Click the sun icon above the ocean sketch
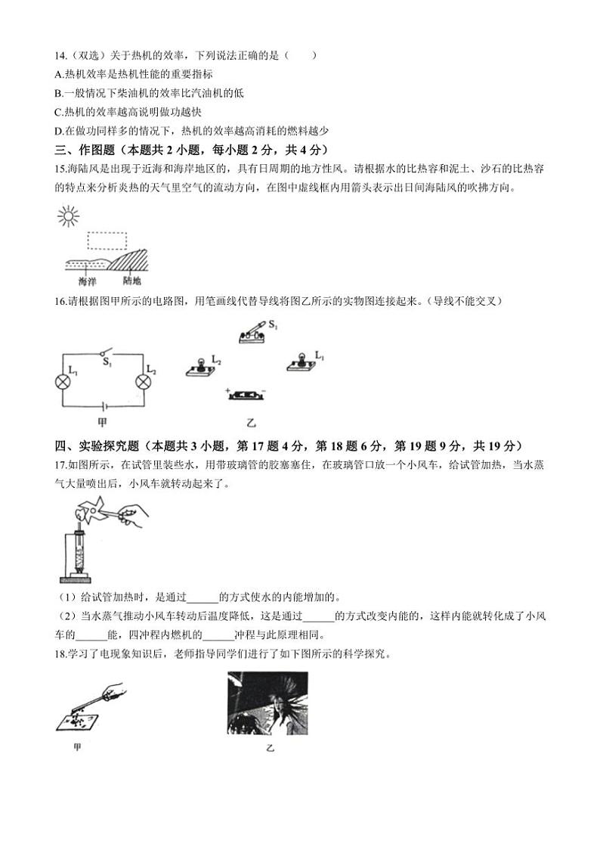pyautogui.click(x=68, y=218)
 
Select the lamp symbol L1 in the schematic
pyautogui.click(x=63, y=383)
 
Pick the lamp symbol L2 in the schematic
pyautogui.click(x=141, y=383)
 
